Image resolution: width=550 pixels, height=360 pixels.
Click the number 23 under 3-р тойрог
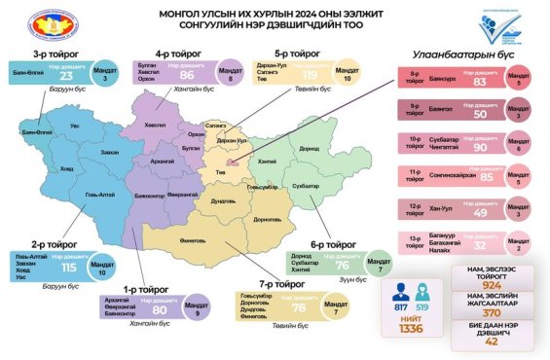pyautogui.click(x=66, y=75)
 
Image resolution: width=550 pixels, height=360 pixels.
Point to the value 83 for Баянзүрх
pyautogui.click(x=478, y=83)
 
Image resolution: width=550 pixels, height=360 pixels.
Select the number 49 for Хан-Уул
pyautogui.click(x=478, y=212)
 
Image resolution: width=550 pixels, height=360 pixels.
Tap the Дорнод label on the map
pyautogui.click(x=310, y=149)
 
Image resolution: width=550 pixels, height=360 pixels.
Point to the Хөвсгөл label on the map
pyautogui.click(x=155, y=126)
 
